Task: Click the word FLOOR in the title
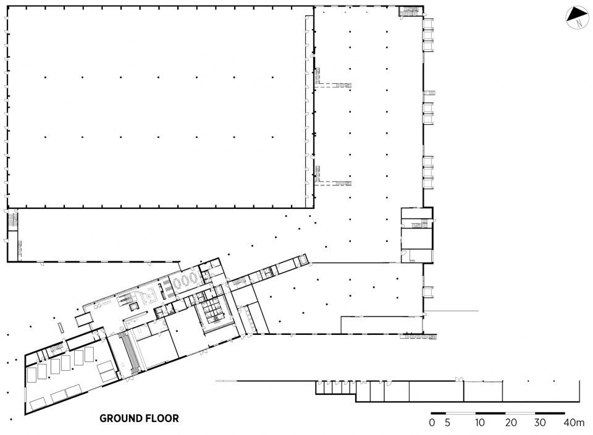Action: tap(162, 418)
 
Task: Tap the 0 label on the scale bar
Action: tap(432, 423)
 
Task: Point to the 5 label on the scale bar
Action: tap(447, 423)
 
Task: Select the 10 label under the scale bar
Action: tap(479, 423)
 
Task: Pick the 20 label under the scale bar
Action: tap(511, 423)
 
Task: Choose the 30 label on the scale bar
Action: tap(540, 423)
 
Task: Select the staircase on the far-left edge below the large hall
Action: tap(12, 221)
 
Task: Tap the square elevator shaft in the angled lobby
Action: tap(133, 306)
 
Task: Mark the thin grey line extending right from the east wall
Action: tap(451, 311)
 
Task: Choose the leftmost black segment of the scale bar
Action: tap(439, 413)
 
